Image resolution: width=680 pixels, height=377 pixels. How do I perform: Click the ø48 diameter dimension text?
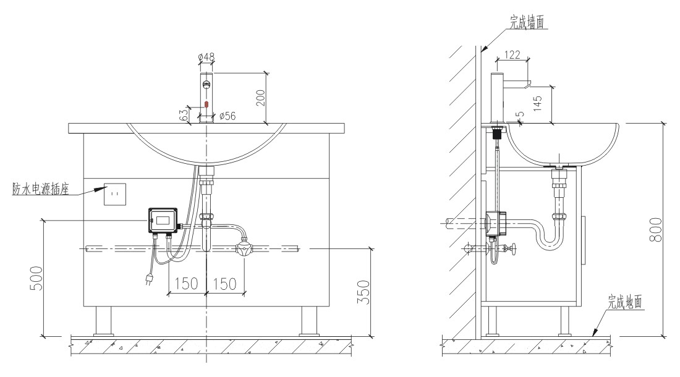coord(206,57)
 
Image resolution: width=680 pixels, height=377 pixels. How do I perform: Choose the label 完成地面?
coord(624,302)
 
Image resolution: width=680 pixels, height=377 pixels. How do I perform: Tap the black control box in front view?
coord(163,220)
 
